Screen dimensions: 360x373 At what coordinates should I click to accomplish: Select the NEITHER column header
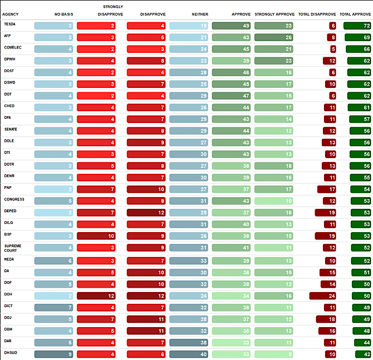pos(200,14)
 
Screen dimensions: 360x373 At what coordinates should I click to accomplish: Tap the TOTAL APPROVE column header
pos(355,14)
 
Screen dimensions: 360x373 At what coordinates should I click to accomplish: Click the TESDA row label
pos(9,25)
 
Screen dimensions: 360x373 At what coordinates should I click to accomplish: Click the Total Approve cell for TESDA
pos(355,25)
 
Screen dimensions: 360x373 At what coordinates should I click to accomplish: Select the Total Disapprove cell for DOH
pos(323,296)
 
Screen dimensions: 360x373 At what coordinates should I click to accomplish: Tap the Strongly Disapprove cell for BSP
pos(96,236)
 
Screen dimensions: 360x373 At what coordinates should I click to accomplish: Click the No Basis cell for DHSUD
pos(54,354)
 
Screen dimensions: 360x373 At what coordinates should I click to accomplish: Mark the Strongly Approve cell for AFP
pos(274,37)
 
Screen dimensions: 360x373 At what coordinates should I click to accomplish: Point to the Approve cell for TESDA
pos(231,25)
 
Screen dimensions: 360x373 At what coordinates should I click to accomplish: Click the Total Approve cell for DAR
pos(355,342)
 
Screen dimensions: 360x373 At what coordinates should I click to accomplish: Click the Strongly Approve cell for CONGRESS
pos(274,201)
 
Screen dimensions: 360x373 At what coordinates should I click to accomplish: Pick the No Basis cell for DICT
pos(54,307)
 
